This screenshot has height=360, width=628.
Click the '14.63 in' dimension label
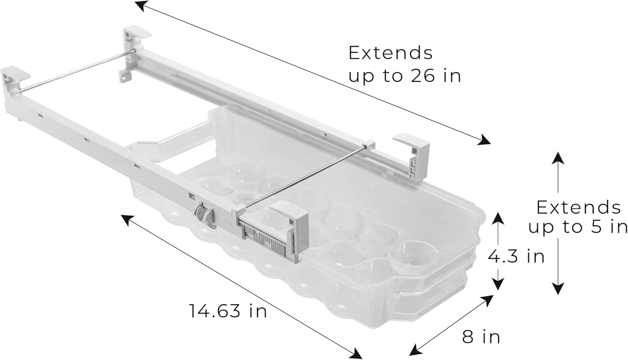click(228, 311)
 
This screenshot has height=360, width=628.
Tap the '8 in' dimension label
click(481, 336)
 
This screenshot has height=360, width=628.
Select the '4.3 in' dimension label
click(516, 256)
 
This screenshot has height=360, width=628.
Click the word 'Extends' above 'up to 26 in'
click(390, 53)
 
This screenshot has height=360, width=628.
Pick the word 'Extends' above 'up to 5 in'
click(579, 207)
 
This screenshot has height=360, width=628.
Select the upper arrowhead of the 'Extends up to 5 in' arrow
click(558, 158)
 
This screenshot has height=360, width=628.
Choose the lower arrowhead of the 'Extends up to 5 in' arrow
click(558, 288)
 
